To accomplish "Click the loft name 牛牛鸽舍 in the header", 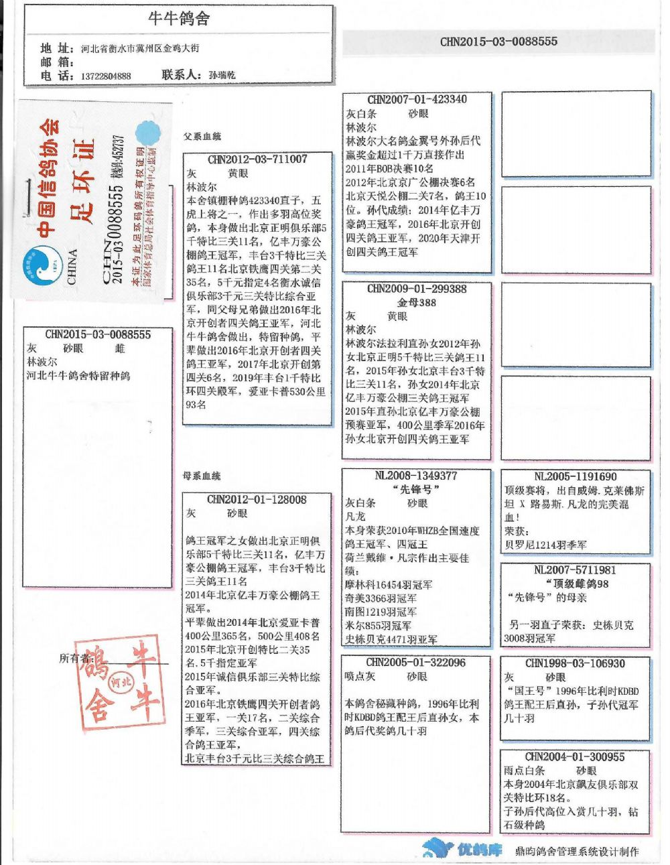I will (x=179, y=18).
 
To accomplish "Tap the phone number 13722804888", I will (x=106, y=76).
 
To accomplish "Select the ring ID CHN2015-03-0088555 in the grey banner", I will (x=498, y=42).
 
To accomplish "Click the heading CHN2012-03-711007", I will (x=257, y=159).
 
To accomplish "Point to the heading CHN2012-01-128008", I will (x=257, y=500).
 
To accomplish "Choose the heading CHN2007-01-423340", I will (x=417, y=100).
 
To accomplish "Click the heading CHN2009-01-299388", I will (x=417, y=289).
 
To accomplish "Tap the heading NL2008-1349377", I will (x=415, y=476).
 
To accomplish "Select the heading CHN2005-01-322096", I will (x=415, y=663).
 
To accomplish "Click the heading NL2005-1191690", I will (x=576, y=477).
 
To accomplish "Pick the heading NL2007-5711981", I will (x=575, y=570).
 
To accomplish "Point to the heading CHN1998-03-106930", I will (x=575, y=663).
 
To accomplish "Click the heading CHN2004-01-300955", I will (x=575, y=757).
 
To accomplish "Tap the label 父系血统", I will (x=202, y=137).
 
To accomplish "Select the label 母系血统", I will (x=202, y=476).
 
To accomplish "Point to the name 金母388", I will (x=417, y=303).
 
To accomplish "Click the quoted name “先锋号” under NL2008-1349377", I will (x=415, y=490).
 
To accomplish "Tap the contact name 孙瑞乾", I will (x=222, y=76).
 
